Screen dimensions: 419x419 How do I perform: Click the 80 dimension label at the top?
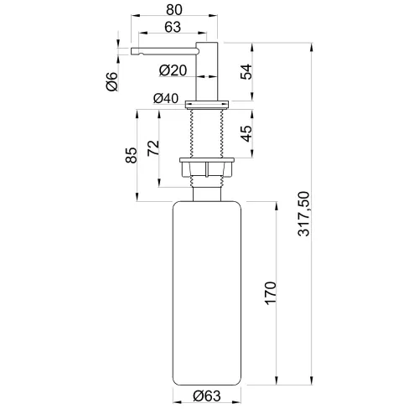[174, 9]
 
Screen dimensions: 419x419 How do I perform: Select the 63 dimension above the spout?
[173, 27]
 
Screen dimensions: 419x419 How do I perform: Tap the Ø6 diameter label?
[112, 81]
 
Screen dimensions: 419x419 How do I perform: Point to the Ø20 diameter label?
[173, 70]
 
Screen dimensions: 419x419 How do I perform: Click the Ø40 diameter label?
[166, 98]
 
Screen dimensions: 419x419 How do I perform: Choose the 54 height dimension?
[246, 72]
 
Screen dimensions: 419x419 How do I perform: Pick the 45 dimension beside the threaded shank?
[246, 134]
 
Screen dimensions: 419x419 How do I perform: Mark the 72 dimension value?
[153, 148]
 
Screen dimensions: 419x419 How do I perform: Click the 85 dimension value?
[132, 155]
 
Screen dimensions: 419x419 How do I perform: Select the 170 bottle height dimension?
[271, 293]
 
